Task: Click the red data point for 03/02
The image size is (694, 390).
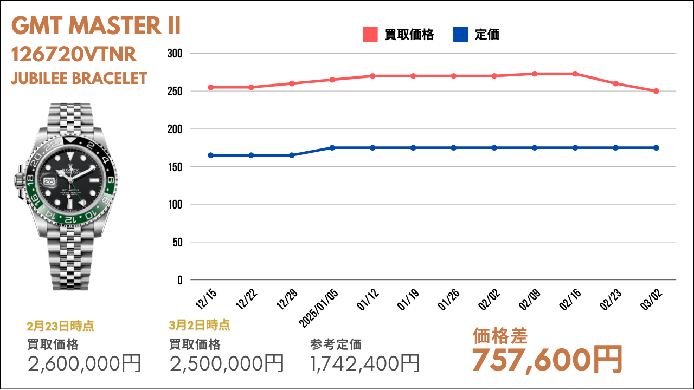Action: pos(656,91)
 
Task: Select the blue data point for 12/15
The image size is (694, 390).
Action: pos(211,155)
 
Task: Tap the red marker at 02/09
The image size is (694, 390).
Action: pos(535,74)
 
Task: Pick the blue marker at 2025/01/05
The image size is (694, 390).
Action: pos(332,148)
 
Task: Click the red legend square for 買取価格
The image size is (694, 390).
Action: pos(370,34)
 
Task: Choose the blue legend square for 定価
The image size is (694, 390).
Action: pos(460,34)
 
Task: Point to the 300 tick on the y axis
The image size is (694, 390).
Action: pos(175,54)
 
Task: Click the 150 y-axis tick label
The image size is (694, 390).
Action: pos(175,167)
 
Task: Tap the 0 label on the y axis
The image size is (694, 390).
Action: pos(180,280)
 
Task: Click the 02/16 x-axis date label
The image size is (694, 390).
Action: pos(570,299)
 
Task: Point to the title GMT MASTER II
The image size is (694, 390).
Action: pos(96,25)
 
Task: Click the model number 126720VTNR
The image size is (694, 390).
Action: pos(74,54)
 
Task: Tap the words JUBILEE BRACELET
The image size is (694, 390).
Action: pos(79,79)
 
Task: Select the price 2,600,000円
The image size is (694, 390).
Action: pos(84,363)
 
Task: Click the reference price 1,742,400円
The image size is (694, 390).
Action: pos(365,363)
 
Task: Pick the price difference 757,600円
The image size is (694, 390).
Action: pos(547,360)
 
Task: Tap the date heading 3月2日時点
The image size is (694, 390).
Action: pos(200,325)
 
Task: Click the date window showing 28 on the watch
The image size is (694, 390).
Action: pos(49,181)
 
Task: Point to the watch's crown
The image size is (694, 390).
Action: pos(18,180)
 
